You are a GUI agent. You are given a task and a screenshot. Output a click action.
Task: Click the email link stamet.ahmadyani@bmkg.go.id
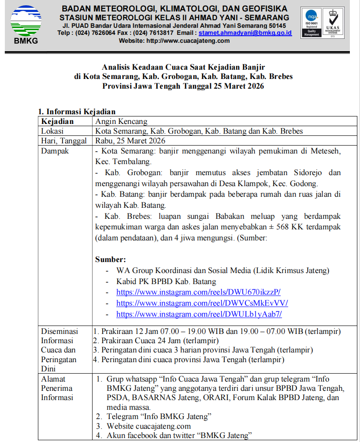(x=245, y=33)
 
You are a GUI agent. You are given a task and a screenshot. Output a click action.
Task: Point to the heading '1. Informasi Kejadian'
(x=77, y=112)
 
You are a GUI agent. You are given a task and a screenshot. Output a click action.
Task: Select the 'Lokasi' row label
(x=52, y=131)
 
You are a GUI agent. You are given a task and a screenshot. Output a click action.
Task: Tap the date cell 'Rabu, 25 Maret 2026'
(x=130, y=141)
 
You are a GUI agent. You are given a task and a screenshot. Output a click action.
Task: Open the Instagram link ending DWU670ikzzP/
(x=198, y=292)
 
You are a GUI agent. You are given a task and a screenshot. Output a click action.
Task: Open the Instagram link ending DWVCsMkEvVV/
(x=202, y=303)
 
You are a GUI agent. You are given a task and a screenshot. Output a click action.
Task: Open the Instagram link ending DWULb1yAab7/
(x=199, y=314)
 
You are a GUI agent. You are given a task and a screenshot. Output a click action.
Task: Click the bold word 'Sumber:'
(x=111, y=259)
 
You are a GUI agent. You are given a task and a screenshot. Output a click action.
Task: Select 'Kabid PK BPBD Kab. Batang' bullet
(x=166, y=281)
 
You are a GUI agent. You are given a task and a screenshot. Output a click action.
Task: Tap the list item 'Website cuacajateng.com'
(x=148, y=426)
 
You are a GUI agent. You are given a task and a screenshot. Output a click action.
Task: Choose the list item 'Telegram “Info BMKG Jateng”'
(x=159, y=416)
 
